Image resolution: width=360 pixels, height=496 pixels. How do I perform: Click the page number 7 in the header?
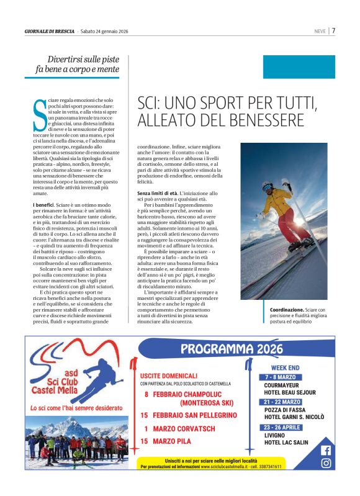click(x=333, y=30)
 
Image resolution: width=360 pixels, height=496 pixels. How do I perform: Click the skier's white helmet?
click(x=268, y=187)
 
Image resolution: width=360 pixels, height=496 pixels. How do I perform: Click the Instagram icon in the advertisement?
click(x=326, y=463)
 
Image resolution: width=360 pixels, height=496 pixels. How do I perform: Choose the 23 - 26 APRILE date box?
click(x=285, y=427)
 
